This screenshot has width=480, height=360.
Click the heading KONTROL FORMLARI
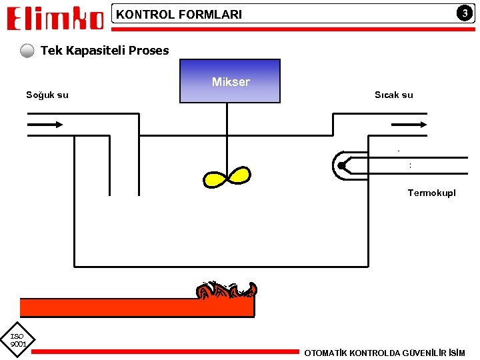pyautogui.click(x=179, y=14)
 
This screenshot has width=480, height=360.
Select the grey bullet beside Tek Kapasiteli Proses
pyautogui.click(x=27, y=51)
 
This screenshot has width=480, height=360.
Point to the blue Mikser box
pyautogui.click(x=230, y=81)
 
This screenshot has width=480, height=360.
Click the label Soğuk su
pyautogui.click(x=47, y=95)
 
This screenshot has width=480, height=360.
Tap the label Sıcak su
pyautogui.click(x=393, y=95)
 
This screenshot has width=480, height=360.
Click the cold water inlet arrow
pyautogui.click(x=46, y=124)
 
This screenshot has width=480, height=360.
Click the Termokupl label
pyautogui.click(x=432, y=193)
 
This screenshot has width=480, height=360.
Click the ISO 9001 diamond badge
pyautogui.click(x=18, y=340)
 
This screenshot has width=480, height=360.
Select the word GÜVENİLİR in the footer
pyautogui.click(x=420, y=353)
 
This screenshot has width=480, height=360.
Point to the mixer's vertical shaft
pyautogui.click(x=227, y=137)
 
